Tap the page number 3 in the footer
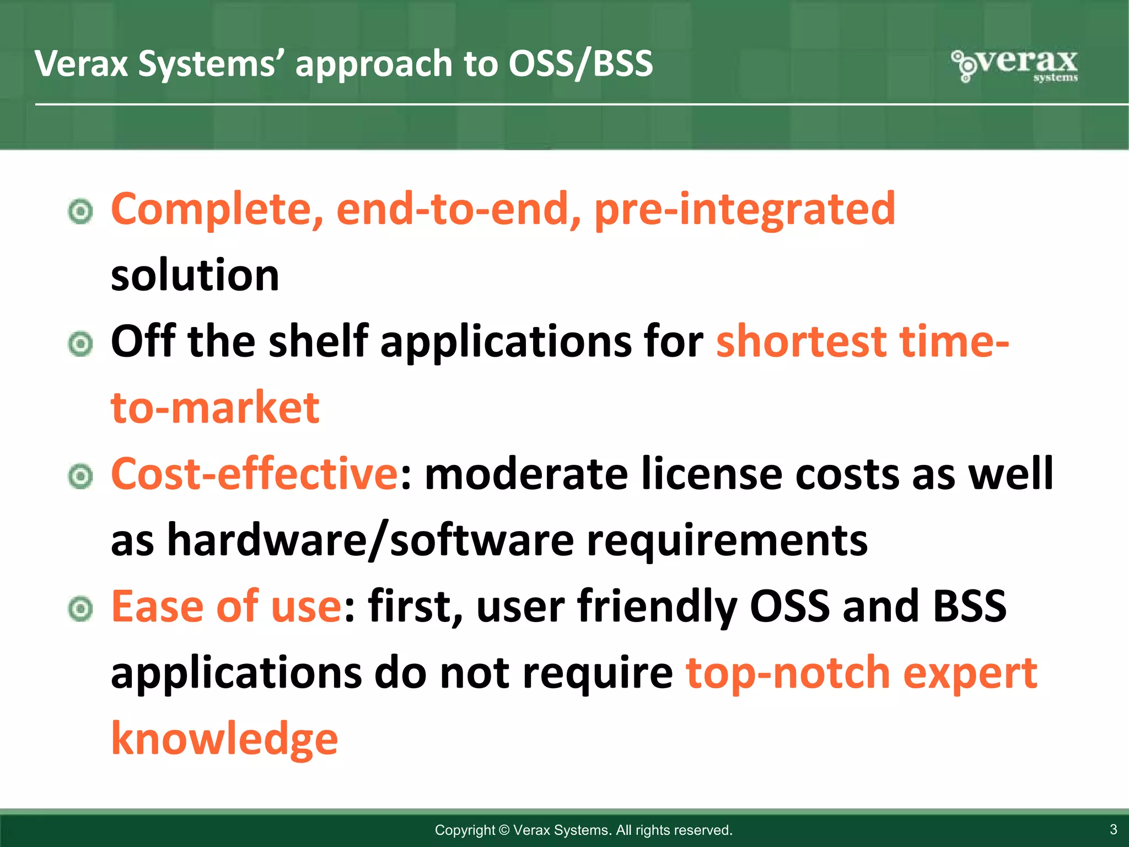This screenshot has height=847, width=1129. coord(1113,829)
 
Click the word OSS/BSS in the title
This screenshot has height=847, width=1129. coord(580,64)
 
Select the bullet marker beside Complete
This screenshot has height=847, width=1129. coord(81,211)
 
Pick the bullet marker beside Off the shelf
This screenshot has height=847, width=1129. coord(81,344)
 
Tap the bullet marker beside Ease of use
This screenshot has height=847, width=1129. coord(81,609)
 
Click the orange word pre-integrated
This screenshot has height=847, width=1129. coord(744,210)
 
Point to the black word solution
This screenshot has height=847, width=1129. coord(195,275)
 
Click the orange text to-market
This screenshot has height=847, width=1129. coord(215,408)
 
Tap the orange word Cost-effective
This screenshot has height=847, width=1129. coord(254,474)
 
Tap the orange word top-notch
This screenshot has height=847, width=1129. coord(788,673)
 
